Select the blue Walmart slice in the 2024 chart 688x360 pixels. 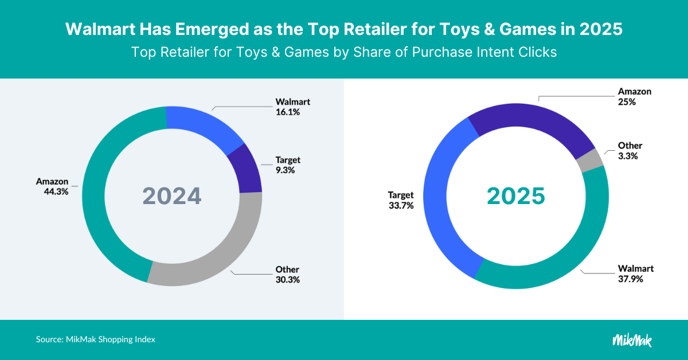click(201, 123)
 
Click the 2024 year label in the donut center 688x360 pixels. click(172, 196)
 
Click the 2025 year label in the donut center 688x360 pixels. click(516, 196)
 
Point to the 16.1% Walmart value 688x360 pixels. click(287, 112)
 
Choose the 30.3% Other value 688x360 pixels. click(287, 280)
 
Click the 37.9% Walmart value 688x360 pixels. click(630, 279)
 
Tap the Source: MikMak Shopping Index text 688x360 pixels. click(96, 339)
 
